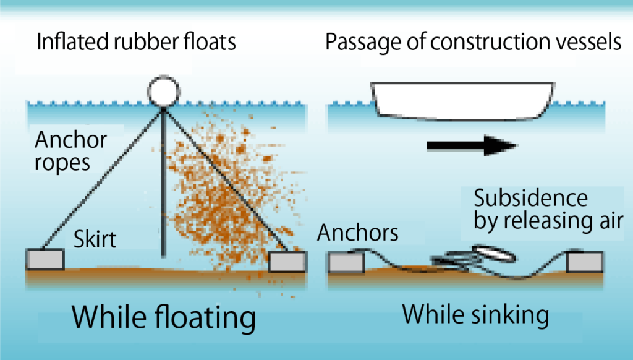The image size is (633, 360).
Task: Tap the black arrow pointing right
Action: pyautogui.click(x=471, y=146)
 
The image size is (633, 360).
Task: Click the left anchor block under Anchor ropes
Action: pyautogui.click(x=45, y=259)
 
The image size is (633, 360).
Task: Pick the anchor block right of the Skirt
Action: pyautogui.click(x=288, y=261)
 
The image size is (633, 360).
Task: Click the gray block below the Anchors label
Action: pyautogui.click(x=346, y=263)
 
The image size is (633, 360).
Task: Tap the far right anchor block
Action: pyautogui.click(x=585, y=262)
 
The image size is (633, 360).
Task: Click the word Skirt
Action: pyautogui.click(x=95, y=239)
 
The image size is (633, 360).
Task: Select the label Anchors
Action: pyautogui.click(x=357, y=233)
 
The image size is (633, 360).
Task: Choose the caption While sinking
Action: pyautogui.click(x=475, y=315)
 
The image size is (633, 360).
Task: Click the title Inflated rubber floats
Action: pyautogui.click(x=137, y=43)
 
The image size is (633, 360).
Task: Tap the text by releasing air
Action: pyautogui.click(x=548, y=221)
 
